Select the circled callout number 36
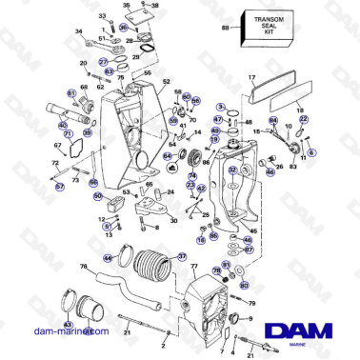coord(123,29)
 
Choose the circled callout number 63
coord(110,71)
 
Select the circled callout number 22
coord(304,119)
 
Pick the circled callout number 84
coord(274,121)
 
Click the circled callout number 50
coord(98,195)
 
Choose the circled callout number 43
coord(68,325)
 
